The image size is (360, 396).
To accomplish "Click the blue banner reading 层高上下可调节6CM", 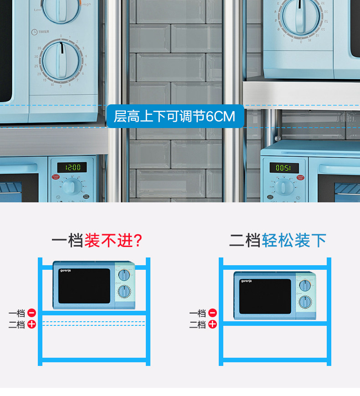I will click(x=175, y=117).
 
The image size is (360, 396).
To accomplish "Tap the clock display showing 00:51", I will click(x=284, y=168).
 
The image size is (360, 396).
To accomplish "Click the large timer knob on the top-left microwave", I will click(x=62, y=61).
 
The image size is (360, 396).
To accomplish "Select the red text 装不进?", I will click(x=113, y=240).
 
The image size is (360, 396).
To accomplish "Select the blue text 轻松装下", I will click(x=294, y=240).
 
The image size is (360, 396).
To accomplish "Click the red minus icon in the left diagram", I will click(x=32, y=313).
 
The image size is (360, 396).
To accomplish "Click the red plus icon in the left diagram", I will click(x=32, y=324).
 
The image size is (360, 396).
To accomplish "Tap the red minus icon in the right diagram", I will click(x=213, y=313).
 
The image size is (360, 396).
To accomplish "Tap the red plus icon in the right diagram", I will click(x=213, y=324).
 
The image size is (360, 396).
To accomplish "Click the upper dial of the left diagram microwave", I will click(x=123, y=275).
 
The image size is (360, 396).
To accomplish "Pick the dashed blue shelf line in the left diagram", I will click(x=93, y=324).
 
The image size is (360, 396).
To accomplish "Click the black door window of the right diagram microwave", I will click(x=265, y=297).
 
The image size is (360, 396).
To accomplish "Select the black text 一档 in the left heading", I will click(x=67, y=240).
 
